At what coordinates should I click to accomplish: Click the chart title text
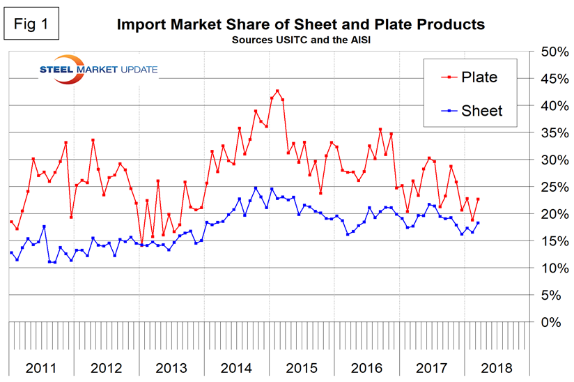pos(300,24)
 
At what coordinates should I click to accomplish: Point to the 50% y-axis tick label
pos(550,52)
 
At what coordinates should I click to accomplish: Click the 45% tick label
pos(550,79)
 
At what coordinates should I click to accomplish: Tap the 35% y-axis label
pos(550,133)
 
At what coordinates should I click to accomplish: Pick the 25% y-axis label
pos(550,188)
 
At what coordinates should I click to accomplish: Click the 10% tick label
pos(550,268)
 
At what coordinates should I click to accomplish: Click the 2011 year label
pos(41,367)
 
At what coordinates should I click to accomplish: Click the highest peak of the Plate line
pos(277,91)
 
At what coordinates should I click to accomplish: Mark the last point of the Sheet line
pos(477,223)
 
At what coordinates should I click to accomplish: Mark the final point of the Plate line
pos(477,199)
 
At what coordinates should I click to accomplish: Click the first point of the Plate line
pos(11,222)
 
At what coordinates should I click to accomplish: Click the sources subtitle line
pos(300,39)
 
